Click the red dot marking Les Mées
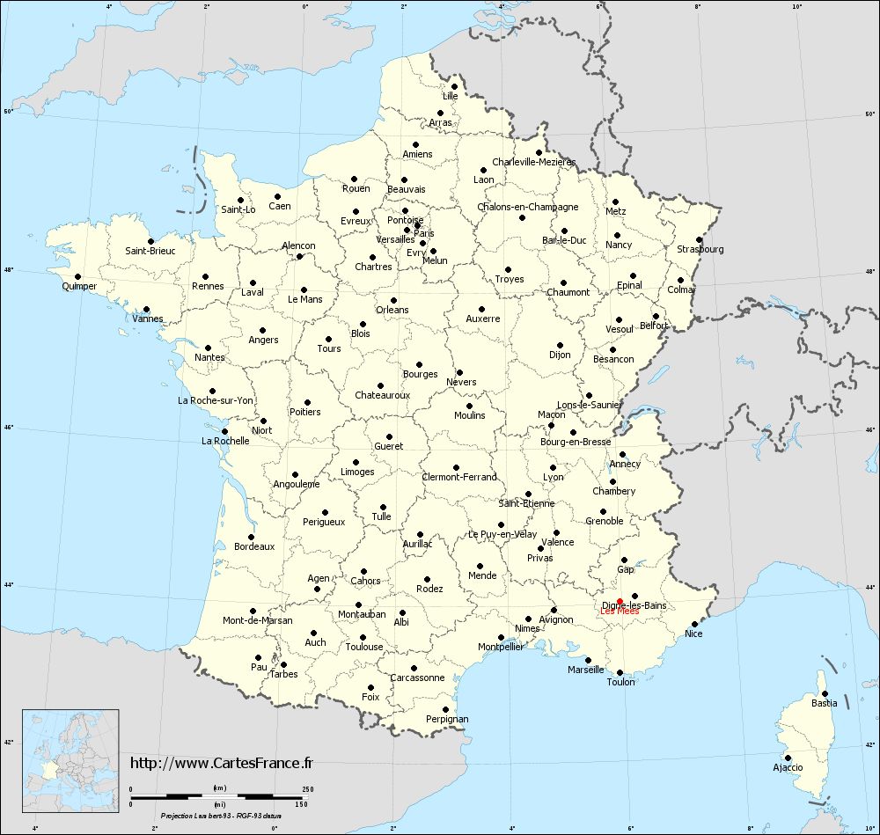tap(620, 601)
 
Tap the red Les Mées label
tap(620, 612)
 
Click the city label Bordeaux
tap(254, 546)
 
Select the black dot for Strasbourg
tap(699, 239)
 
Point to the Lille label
tap(451, 96)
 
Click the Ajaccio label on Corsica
tap(788, 767)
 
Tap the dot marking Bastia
tap(825, 693)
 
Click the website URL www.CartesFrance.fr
tap(221, 763)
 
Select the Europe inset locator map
tap(70, 760)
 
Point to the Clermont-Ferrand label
tap(459, 477)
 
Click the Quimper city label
tap(79, 286)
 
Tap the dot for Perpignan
tap(445, 709)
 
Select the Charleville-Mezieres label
tap(533, 162)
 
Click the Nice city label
tap(694, 634)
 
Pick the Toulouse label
tap(364, 647)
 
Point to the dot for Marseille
tap(588, 660)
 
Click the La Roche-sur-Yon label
tap(216, 400)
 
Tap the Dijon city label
tap(560, 355)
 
